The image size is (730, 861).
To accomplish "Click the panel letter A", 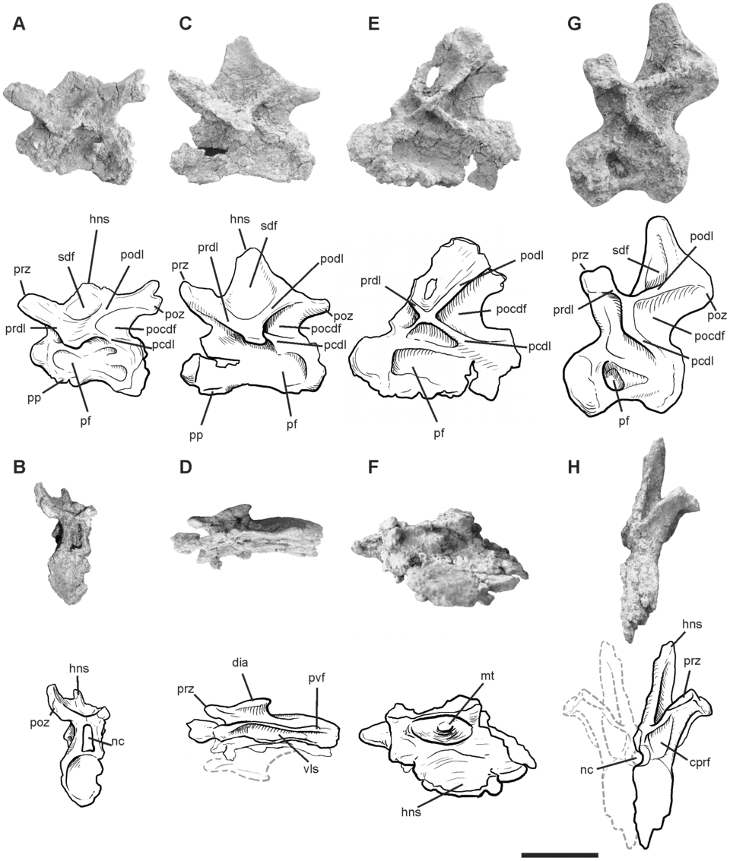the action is tap(19, 25).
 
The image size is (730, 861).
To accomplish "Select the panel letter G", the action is tap(574, 25).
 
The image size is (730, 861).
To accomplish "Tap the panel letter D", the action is tap(185, 468).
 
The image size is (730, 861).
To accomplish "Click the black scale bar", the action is tap(560, 855).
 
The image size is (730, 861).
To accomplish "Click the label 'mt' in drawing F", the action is tap(487, 676).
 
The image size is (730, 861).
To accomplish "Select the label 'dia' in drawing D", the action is tap(240, 662).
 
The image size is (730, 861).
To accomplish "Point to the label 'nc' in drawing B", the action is tap(118, 742).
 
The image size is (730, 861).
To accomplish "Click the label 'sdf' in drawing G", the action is tap(620, 250).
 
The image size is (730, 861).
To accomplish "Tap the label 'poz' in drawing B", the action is tap(41, 723).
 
